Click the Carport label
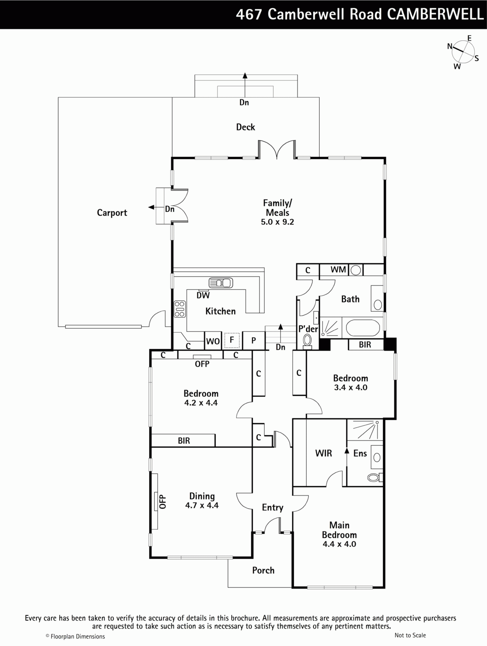pos(112,213)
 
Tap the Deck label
pos(245,127)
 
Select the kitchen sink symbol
pos(221,283)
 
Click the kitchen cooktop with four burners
pos(180,309)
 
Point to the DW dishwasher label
pos(203,295)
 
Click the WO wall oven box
pos(213,341)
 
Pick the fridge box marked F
pos(232,340)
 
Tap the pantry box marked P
pos(254,341)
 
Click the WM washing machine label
pos(338,270)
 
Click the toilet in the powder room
pos(307,341)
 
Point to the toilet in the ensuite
pos(375,477)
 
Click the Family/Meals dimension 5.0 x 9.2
pos(277,222)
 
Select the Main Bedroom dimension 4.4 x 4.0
pos(339,544)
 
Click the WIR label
pos(323,453)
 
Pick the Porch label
pos(264,570)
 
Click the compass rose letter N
pos(450,46)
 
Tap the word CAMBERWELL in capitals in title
pos(435,14)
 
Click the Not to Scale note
pos(410,635)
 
